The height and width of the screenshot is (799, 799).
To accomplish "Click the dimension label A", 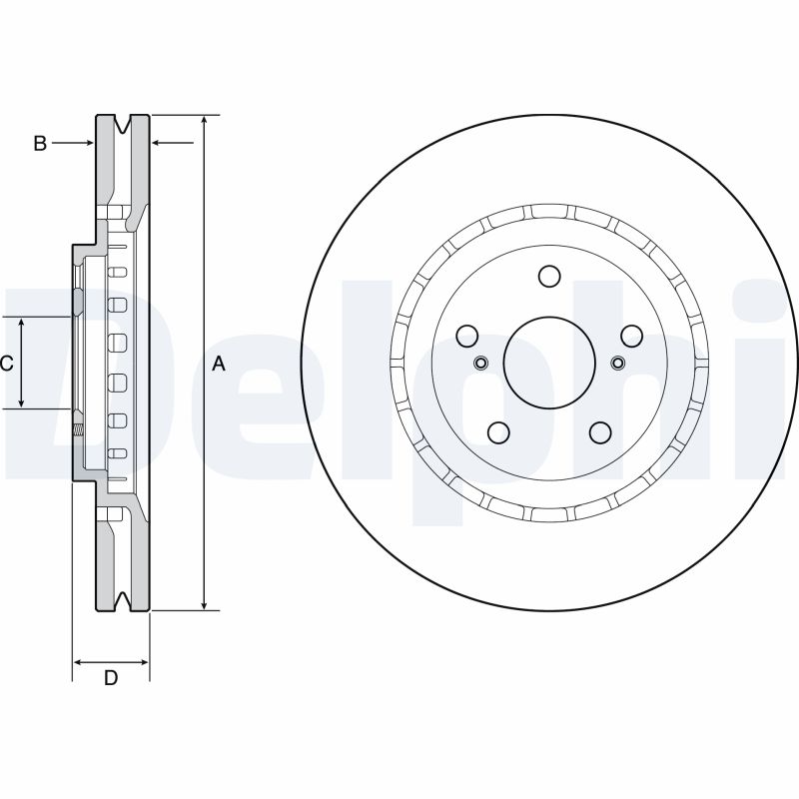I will pos(219,364).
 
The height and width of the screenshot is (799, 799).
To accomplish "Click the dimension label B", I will pos(40,144).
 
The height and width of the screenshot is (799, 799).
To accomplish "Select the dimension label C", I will pos(8,364).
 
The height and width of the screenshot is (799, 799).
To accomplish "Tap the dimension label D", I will pos(111,678).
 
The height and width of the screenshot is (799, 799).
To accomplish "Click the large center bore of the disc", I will pos(547,361).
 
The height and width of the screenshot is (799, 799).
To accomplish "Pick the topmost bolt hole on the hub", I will pos(547,276).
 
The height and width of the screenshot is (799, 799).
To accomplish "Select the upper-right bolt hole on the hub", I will pos(629,336).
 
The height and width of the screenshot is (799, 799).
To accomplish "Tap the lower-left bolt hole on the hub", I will pos(497,431).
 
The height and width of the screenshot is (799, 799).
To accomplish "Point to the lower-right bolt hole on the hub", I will pos(599,431).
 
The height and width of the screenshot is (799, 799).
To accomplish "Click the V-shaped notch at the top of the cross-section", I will pos(123,127).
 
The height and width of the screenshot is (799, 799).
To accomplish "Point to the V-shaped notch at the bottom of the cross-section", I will pos(123,598).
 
